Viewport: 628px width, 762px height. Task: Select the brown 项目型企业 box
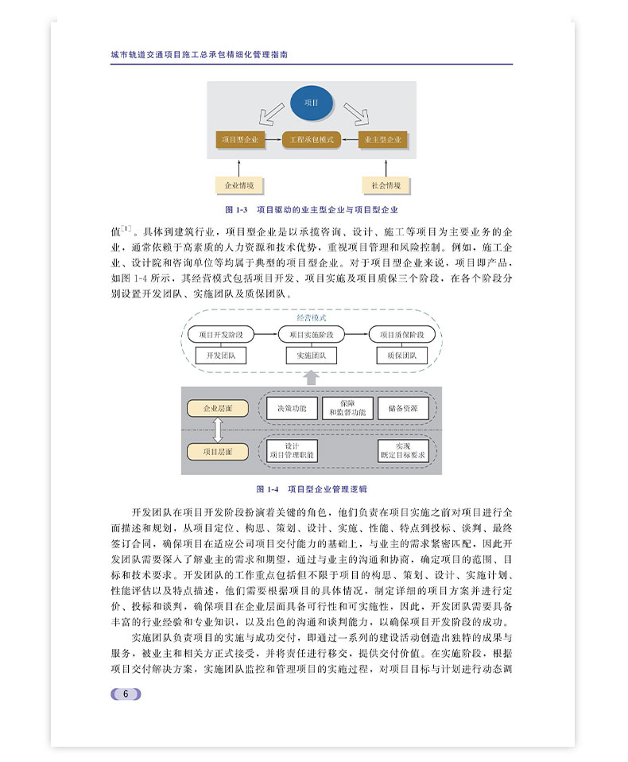point(240,140)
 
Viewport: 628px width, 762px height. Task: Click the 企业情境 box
point(238,185)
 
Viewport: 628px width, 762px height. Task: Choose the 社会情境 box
point(386,185)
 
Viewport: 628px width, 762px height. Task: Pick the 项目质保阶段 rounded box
point(402,334)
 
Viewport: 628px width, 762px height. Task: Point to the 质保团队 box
point(402,356)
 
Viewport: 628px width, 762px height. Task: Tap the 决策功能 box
point(291,409)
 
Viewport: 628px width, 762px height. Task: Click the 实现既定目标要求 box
point(403,451)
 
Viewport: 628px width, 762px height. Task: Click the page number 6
point(126,694)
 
